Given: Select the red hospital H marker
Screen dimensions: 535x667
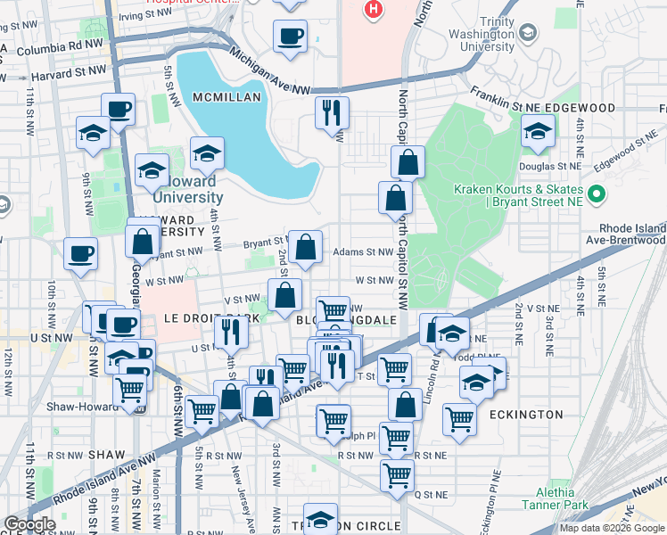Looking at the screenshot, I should [374, 10].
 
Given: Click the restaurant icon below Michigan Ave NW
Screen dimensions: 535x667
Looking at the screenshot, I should [332, 112].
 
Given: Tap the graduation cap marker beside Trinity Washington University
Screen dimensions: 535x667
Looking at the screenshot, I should [529, 34].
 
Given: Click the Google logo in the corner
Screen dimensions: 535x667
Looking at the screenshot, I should [29, 524].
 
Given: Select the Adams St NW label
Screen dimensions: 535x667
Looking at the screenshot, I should [362, 252].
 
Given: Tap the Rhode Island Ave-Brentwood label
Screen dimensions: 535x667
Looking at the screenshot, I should [630, 234].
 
